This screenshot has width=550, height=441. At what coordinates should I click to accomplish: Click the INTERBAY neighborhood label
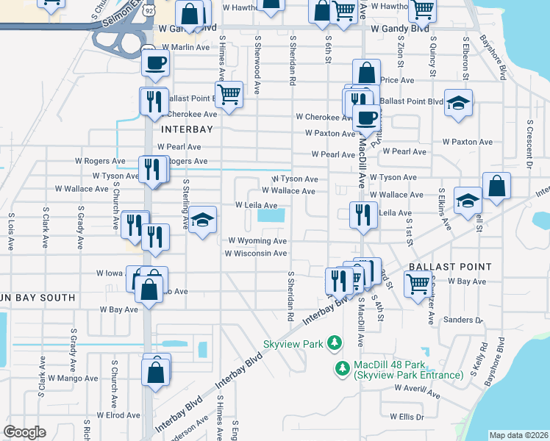186,129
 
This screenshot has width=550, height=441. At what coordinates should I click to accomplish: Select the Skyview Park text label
295,343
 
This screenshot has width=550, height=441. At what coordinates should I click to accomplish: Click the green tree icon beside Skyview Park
335,343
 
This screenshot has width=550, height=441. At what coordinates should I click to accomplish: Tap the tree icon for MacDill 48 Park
342,367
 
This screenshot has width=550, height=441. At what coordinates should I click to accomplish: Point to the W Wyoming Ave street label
257,240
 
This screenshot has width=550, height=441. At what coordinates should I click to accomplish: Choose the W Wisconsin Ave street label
256,254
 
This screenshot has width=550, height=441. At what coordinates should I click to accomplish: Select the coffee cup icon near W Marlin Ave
156,63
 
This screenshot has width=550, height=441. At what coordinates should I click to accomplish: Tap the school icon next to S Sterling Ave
201,220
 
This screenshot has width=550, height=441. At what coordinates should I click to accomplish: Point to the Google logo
24,432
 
